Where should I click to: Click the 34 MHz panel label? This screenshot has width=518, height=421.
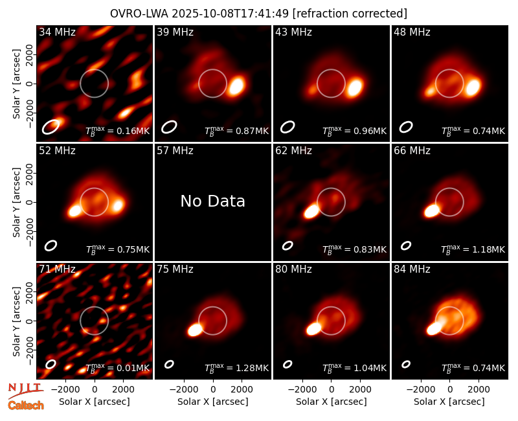[x=57, y=32]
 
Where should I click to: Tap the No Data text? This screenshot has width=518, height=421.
[x=213, y=201]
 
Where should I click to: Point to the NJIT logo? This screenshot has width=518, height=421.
[x=26, y=390]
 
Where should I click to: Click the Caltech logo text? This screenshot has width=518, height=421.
[x=26, y=405]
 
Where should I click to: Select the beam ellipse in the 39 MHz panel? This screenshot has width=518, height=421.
[x=169, y=127]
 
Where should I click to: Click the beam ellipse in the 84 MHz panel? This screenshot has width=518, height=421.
[x=406, y=364]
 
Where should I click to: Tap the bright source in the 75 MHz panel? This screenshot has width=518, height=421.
[x=195, y=330]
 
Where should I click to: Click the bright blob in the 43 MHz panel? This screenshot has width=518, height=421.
[x=355, y=87]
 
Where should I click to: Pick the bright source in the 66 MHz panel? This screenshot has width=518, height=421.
[x=432, y=210]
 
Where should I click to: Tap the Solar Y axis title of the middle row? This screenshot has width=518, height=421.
[x=16, y=202]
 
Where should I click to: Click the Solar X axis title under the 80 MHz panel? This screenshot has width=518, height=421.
[x=332, y=402]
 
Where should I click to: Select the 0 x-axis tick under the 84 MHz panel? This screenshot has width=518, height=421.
[x=449, y=390]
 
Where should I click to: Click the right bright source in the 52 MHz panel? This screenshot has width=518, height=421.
[x=118, y=205]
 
